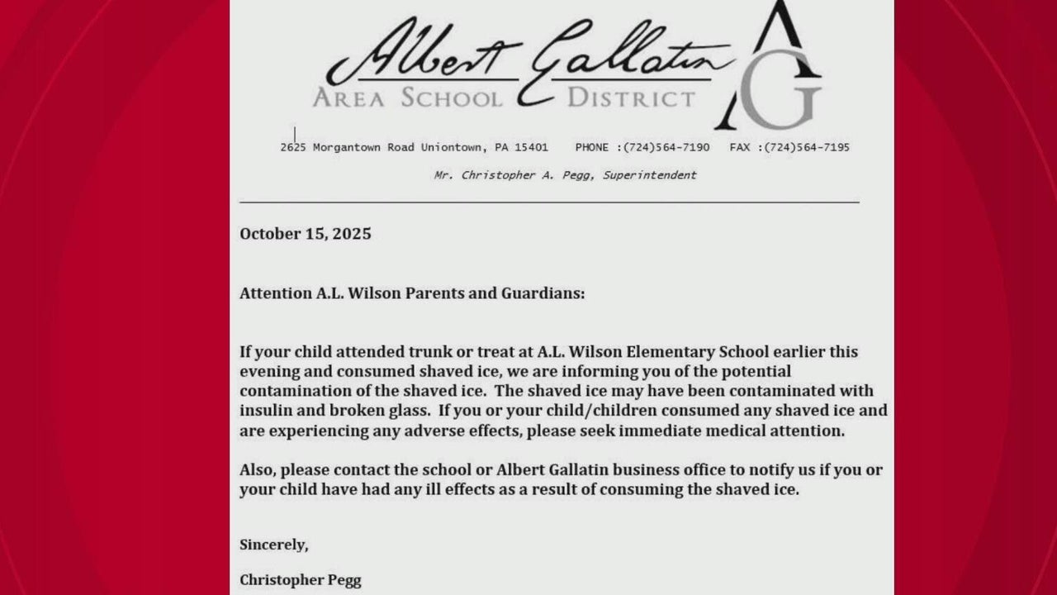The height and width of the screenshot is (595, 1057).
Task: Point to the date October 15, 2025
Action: [306, 234]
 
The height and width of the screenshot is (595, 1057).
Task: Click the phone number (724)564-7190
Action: [666, 148]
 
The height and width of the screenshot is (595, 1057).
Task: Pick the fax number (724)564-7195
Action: [807, 148]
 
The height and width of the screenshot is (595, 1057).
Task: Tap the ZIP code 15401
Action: [531, 148]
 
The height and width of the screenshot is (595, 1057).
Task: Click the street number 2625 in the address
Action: [293, 148]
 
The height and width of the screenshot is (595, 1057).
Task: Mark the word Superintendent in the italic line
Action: [650, 175]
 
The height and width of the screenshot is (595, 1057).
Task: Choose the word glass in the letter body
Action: [411, 411]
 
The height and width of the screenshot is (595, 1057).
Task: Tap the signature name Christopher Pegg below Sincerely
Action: [301, 580]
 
